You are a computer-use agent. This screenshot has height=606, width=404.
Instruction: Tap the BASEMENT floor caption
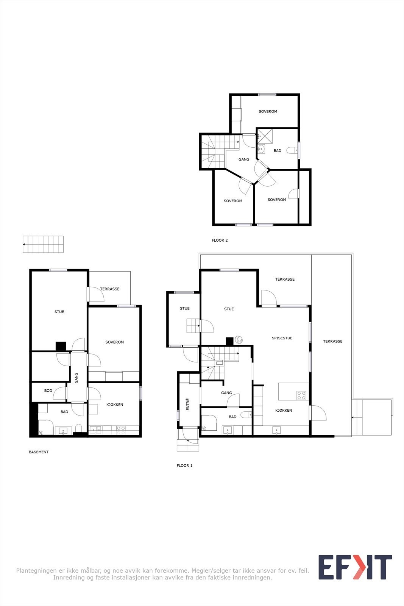(x=39, y=452)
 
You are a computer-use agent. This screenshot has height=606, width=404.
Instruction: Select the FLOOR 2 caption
(x=220, y=240)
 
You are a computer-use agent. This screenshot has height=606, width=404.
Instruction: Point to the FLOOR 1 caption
(x=184, y=465)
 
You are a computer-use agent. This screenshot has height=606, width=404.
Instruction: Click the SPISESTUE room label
(x=282, y=338)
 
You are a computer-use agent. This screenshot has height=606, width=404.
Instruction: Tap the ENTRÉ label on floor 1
(x=188, y=404)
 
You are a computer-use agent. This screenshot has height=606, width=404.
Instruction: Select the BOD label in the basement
(x=48, y=390)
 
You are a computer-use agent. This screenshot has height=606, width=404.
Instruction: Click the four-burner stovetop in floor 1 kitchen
(x=301, y=395)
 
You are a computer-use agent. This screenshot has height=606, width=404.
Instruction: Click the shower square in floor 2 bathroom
(x=265, y=136)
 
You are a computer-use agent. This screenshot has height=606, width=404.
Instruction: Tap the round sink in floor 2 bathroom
(x=261, y=149)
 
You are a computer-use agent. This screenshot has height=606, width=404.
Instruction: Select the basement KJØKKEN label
(x=115, y=405)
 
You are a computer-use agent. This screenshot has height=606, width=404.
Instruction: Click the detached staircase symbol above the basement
(x=43, y=244)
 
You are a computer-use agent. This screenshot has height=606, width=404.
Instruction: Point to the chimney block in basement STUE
(x=61, y=347)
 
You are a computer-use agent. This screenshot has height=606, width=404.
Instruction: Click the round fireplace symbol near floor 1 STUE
(x=239, y=339)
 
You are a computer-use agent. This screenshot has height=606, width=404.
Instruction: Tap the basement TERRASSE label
(x=110, y=289)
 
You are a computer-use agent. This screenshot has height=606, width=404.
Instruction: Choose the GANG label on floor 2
(x=243, y=159)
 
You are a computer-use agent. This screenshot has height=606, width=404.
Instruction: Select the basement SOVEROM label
(x=114, y=342)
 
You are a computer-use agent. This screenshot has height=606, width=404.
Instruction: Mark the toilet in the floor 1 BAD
(x=246, y=414)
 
